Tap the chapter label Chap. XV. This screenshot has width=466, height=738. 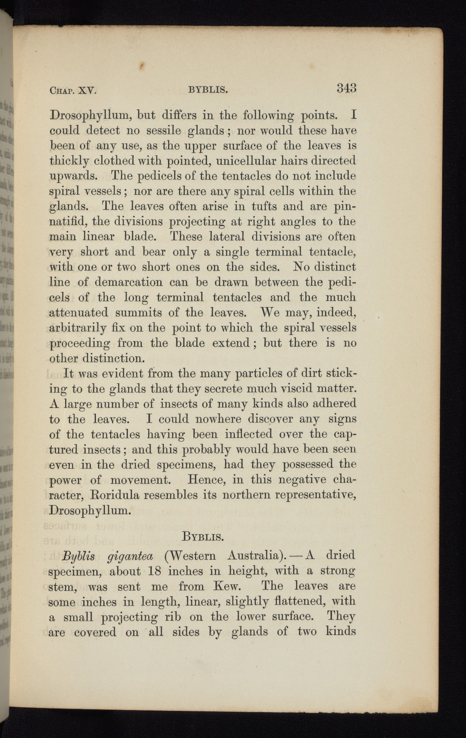point(72,90)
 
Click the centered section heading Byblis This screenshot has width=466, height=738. point(202,536)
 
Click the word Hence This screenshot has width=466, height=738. point(204,480)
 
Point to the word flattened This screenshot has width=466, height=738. point(292,601)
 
